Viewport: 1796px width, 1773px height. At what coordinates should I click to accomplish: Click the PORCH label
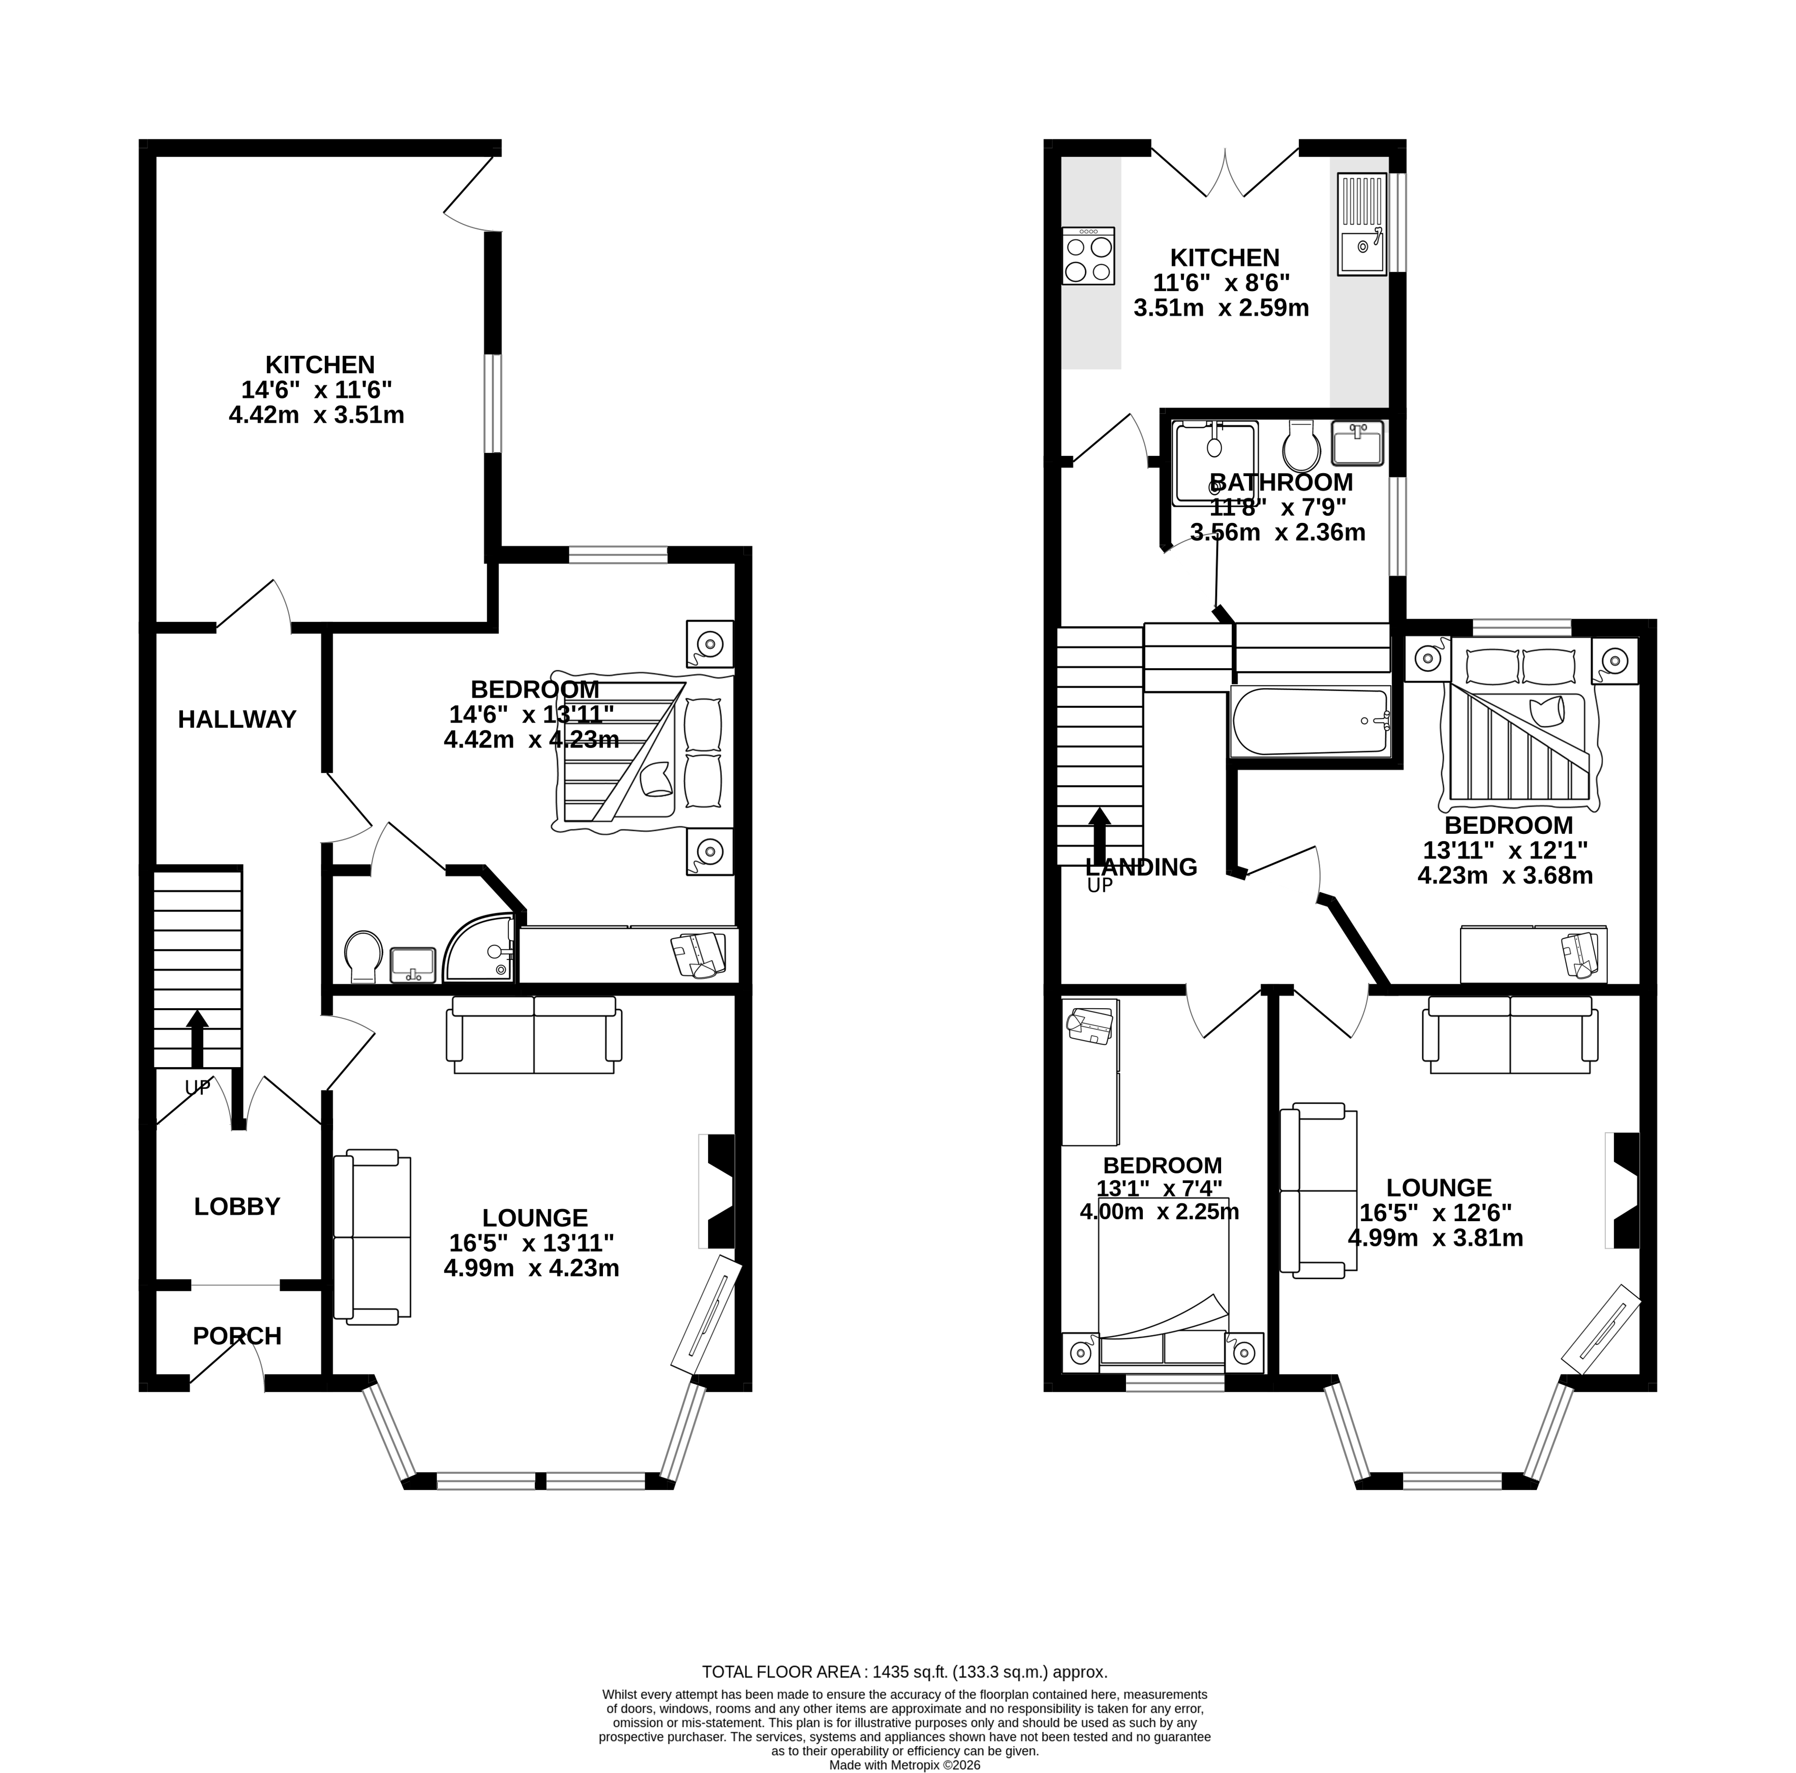(237, 1336)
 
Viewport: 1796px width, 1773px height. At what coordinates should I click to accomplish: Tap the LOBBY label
(237, 1207)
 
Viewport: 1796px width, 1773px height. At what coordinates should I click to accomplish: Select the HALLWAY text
(237, 719)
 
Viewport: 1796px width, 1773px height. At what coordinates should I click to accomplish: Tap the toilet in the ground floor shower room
(362, 957)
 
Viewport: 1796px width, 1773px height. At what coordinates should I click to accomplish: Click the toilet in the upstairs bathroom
(1300, 448)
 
